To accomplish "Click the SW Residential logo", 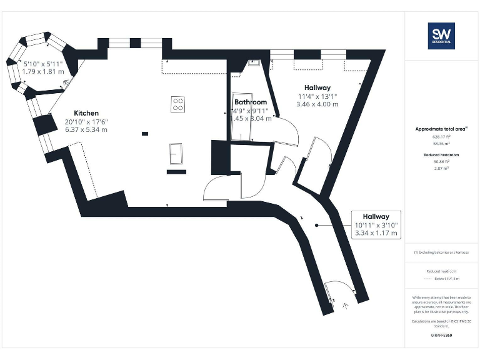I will tap(441, 36).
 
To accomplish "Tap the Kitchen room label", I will tap(86, 113).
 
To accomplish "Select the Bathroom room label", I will tap(251, 102).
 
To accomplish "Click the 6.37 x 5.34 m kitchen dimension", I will tap(86, 130).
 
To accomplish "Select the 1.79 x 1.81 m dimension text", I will tap(43, 72).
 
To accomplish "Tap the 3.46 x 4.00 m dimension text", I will tap(317, 104).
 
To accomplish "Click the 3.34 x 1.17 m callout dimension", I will tap(376, 233).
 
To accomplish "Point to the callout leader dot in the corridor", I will tap(317, 225).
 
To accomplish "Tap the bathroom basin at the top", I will tap(254, 62).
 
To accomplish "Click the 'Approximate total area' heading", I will tap(441, 129).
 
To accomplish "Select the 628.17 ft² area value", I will tap(441, 136).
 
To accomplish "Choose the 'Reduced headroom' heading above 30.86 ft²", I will tap(441, 154).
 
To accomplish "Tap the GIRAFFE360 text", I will tap(441, 336).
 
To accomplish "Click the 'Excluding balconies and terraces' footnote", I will tap(442, 252).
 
